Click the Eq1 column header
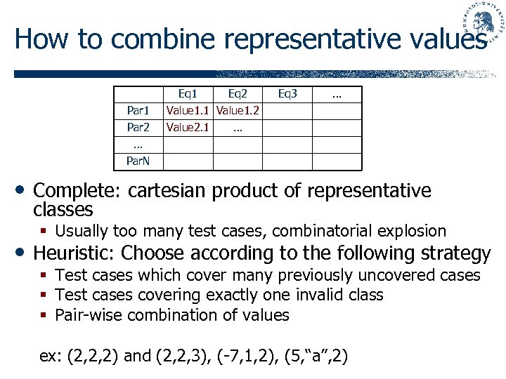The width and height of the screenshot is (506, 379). (x=188, y=94)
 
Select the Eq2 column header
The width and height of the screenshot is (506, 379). (x=238, y=94)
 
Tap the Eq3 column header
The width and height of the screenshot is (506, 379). (x=287, y=94)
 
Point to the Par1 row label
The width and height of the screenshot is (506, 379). (x=138, y=111)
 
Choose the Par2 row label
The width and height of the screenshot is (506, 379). (x=138, y=128)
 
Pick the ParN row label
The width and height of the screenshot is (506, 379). (x=138, y=161)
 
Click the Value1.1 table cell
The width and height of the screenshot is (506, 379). (x=188, y=111)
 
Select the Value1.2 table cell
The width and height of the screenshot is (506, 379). (x=238, y=111)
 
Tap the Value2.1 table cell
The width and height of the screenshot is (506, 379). (x=188, y=128)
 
